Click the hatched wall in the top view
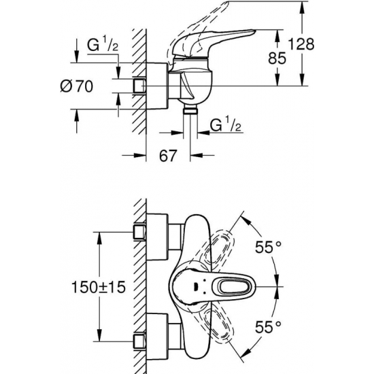[140, 286]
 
